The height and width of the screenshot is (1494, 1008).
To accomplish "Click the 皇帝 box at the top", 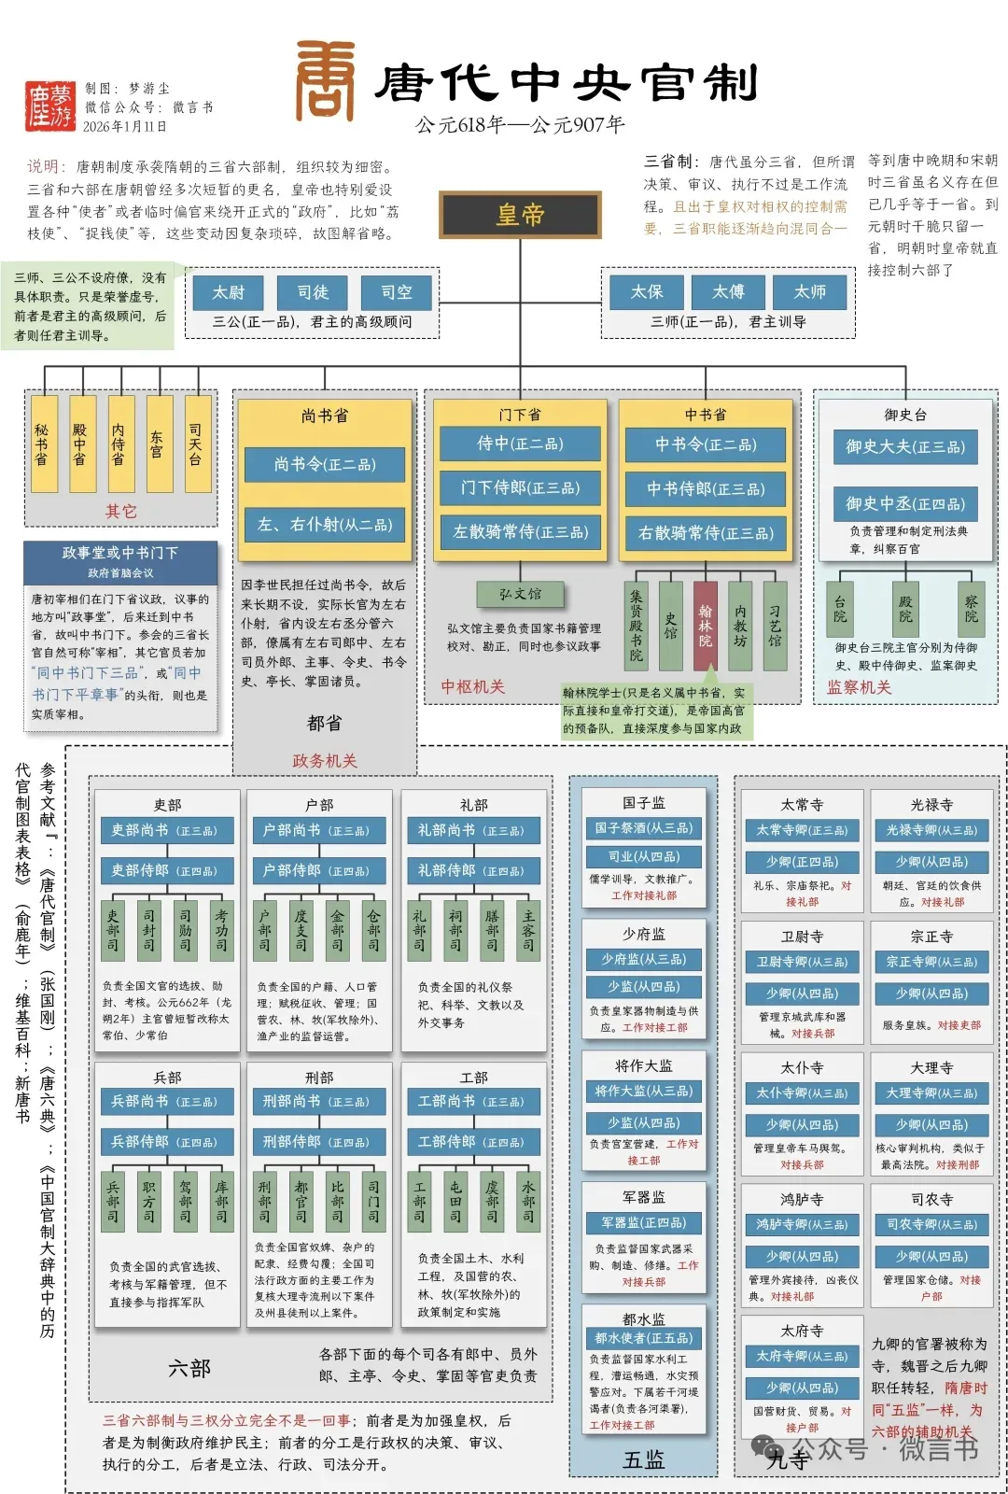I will click(521, 215).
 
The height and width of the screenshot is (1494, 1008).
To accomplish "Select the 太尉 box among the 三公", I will click(228, 292).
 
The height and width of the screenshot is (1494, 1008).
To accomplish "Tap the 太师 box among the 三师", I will click(809, 292).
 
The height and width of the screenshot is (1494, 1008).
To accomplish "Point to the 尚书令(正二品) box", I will click(325, 465).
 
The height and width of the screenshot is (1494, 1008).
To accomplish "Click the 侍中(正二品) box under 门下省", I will click(520, 444).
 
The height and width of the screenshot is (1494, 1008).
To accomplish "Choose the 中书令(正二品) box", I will click(706, 445).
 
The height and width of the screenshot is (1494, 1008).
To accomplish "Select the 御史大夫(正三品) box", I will click(904, 447).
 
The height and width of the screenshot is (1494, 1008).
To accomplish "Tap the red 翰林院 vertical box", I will click(706, 626).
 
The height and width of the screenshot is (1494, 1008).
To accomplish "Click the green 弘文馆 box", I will click(520, 594).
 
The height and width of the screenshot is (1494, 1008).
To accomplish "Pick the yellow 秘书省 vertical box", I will click(43, 444).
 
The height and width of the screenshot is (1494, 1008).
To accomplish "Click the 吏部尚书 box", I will click(166, 830).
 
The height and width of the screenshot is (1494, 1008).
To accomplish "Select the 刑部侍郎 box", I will click(317, 1141).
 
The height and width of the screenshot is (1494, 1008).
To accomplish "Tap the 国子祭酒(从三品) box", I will click(644, 827).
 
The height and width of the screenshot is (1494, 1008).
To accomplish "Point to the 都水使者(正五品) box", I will click(644, 1338).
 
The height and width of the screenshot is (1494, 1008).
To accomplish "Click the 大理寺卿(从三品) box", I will click(931, 1092).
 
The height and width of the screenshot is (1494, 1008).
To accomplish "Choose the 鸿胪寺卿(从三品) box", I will click(802, 1224).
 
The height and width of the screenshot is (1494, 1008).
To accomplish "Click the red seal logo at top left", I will click(50, 106).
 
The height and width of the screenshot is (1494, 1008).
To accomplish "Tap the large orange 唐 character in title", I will click(326, 81).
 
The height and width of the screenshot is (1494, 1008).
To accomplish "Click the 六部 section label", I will click(189, 1369).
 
